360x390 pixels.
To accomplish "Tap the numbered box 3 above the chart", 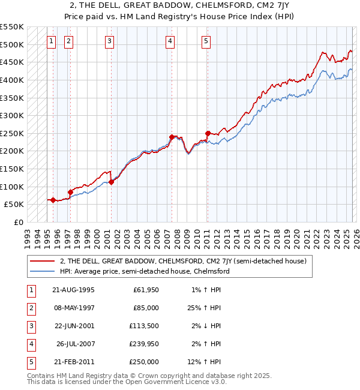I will [x=109, y=41].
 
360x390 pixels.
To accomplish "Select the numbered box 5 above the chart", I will [x=206, y=41].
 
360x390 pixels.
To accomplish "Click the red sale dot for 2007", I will [x=172, y=137].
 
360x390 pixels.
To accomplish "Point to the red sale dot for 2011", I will [x=208, y=133].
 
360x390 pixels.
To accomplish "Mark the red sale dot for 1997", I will [x=70, y=192].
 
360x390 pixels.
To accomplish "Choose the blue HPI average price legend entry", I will [x=145, y=271].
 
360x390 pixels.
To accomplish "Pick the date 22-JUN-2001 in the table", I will [x=73, y=326].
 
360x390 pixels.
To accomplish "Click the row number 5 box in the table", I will [x=29, y=362].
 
